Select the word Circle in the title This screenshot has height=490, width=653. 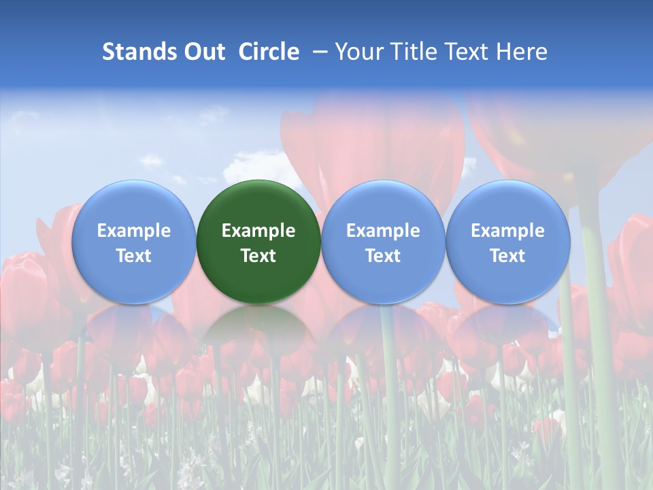pos(269,52)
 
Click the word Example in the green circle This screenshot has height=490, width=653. pos(258,231)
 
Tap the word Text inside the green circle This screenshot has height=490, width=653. pos(258,256)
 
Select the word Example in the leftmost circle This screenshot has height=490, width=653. pos(133,231)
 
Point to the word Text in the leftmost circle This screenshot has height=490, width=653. pos(133,256)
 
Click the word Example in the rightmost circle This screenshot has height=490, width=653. pos(507,231)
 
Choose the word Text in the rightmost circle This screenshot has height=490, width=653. pos(507,256)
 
